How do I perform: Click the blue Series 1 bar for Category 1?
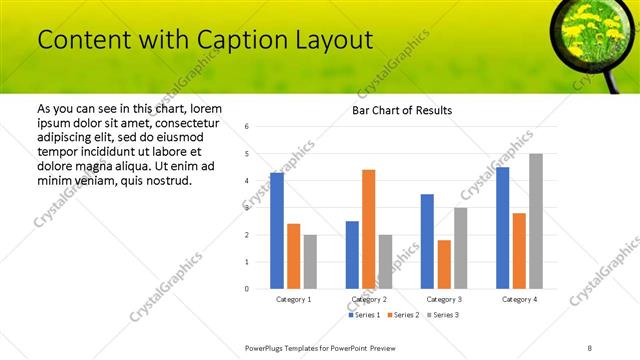coord(277,231)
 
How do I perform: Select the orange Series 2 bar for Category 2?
coord(369,229)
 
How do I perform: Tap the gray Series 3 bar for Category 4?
coord(536,221)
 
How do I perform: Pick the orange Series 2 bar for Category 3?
coord(444,264)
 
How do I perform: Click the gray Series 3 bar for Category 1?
coord(310,262)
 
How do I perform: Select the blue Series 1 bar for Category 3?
coord(427,241)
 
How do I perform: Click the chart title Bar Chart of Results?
coord(402,110)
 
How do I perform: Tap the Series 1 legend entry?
coord(364,315)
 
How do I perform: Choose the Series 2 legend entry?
coord(403,315)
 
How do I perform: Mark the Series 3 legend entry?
coord(441,315)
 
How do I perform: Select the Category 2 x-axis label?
coord(369,299)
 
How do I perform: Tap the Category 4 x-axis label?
coord(519,299)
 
